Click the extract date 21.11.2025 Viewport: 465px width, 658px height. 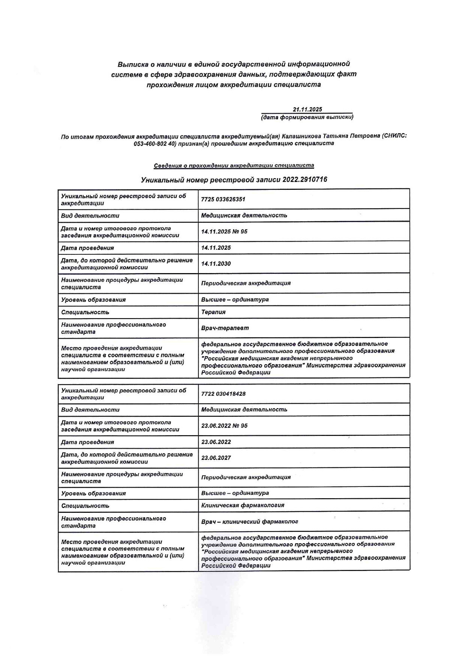point(307,110)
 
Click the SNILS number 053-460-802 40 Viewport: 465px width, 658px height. point(154,144)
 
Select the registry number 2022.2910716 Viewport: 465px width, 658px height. point(304,180)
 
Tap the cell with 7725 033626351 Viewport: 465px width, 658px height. point(223,199)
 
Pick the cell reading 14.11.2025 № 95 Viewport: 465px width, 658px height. point(224,231)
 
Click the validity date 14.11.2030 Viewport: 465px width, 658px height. point(216,264)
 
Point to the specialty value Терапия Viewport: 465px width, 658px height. point(213,312)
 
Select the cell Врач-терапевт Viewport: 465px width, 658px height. point(225,328)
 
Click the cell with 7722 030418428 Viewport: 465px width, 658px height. point(223,394)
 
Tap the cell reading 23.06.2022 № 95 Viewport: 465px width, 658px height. point(224,426)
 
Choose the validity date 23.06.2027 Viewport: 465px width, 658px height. point(216,458)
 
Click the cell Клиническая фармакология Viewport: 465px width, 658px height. point(243,505)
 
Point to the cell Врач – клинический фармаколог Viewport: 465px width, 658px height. point(250,521)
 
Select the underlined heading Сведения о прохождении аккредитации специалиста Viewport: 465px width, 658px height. point(234,165)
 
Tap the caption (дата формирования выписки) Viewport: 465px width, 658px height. point(307,117)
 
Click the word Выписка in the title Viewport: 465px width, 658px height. point(131,64)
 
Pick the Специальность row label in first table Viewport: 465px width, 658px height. point(85,312)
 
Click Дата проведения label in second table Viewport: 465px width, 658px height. point(87,442)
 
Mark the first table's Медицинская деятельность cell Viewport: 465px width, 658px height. point(244,215)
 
